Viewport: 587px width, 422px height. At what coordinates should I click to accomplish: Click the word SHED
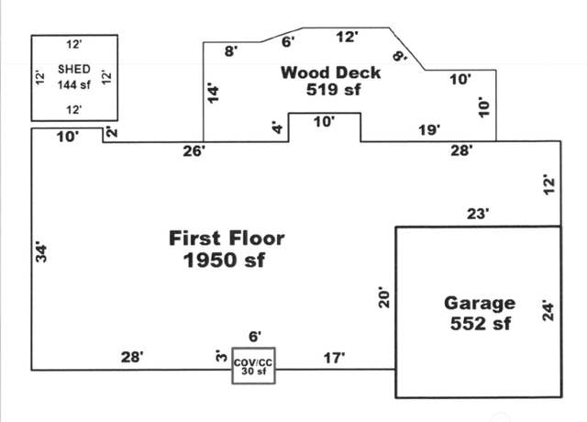pyautogui.click(x=74, y=70)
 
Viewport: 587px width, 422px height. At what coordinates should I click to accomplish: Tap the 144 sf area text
pyautogui.click(x=74, y=85)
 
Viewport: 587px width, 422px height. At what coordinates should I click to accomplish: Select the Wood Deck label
pyautogui.click(x=330, y=72)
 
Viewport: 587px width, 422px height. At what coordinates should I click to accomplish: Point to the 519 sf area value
pyautogui.click(x=334, y=90)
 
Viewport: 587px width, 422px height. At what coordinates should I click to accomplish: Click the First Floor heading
pyautogui.click(x=227, y=239)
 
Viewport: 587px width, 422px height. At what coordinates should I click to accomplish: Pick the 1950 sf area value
pyautogui.click(x=224, y=260)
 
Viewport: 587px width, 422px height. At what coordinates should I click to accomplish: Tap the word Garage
pyautogui.click(x=480, y=304)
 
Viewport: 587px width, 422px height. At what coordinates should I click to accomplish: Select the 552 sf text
pyautogui.click(x=481, y=324)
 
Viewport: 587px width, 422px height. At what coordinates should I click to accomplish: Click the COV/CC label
pyautogui.click(x=253, y=363)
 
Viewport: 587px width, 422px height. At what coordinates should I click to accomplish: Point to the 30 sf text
pyautogui.click(x=254, y=371)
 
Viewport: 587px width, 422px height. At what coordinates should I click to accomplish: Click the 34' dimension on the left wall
pyautogui.click(x=41, y=253)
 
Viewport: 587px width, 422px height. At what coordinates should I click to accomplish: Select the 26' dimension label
pyautogui.click(x=194, y=151)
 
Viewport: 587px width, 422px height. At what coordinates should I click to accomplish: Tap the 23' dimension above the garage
pyautogui.click(x=478, y=214)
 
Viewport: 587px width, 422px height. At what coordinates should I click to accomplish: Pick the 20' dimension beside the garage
pyautogui.click(x=384, y=297)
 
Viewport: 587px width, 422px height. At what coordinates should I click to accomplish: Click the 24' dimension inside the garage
pyautogui.click(x=548, y=311)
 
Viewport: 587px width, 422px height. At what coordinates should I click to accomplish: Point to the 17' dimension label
pyautogui.click(x=334, y=358)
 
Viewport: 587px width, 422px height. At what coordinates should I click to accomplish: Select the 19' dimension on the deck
pyautogui.click(x=429, y=130)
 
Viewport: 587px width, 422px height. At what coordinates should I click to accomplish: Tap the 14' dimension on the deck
pyautogui.click(x=213, y=93)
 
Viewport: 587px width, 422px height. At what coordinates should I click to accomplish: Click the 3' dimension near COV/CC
pyautogui.click(x=221, y=356)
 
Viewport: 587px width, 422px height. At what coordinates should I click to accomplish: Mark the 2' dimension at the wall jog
pyautogui.click(x=112, y=132)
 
